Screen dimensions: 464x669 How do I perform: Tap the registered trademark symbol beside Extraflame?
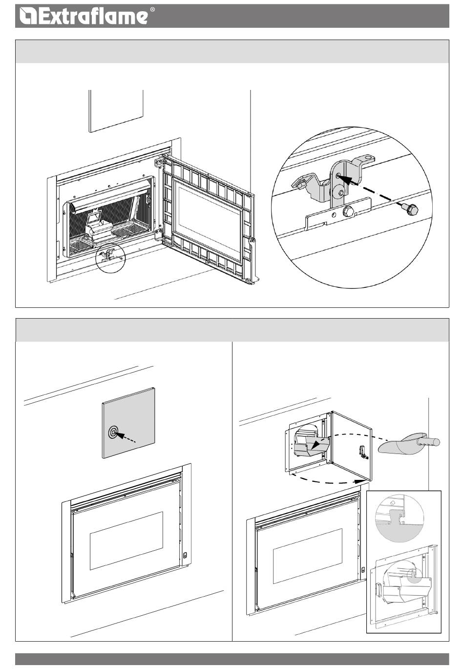click(x=152, y=10)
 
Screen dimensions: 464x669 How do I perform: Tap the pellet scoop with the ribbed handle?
click(x=408, y=445)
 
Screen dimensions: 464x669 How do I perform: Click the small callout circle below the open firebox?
click(x=110, y=258)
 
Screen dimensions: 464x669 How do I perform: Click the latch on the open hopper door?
click(x=364, y=453)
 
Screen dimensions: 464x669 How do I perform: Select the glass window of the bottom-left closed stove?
click(x=127, y=540)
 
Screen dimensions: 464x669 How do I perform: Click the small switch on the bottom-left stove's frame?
click(x=185, y=555)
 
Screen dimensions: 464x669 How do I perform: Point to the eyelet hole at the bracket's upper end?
click(x=370, y=157)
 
